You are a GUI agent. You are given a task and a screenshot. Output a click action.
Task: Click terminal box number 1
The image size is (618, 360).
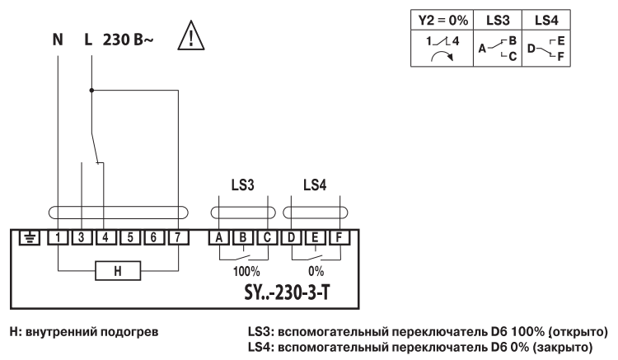pyautogui.click(x=59, y=238)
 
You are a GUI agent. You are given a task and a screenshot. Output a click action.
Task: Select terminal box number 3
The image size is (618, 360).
pyautogui.click(x=82, y=238)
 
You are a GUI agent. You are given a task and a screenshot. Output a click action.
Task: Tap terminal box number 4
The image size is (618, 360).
pyautogui.click(x=105, y=238)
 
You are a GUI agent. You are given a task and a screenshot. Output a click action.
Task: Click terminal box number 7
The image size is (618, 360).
pyautogui.click(x=178, y=238)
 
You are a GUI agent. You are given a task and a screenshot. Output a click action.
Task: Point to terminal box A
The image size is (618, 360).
pyautogui.click(x=219, y=238)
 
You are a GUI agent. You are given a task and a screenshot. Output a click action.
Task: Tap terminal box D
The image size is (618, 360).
pyautogui.click(x=291, y=238)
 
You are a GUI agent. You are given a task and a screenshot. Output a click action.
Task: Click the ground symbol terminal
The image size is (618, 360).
pyautogui.click(x=28, y=238)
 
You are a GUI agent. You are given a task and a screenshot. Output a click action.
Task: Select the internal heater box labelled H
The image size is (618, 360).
pyautogui.click(x=116, y=269)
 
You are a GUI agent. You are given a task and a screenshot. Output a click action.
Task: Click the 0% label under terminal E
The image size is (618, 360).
pyautogui.click(x=316, y=269)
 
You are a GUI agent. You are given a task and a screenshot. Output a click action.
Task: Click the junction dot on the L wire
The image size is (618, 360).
pyautogui.click(x=91, y=89)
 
